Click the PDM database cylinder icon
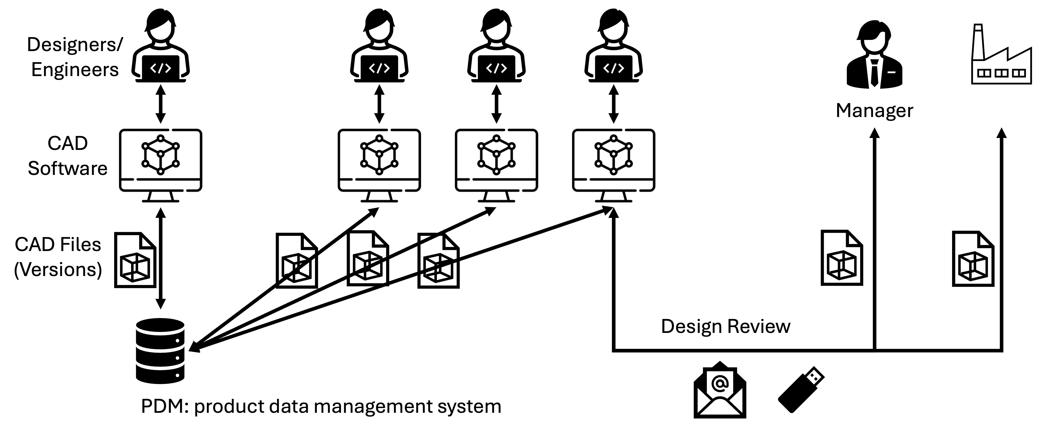pyautogui.click(x=160, y=351)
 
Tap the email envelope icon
pyautogui.click(x=719, y=390)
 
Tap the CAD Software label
pyautogui.click(x=68, y=156)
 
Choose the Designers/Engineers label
pyautogui.click(x=74, y=57)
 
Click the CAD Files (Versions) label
pyautogui.click(x=58, y=257)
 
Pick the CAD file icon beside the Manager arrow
pyautogui.click(x=841, y=258)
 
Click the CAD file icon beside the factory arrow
pyautogui.click(x=973, y=259)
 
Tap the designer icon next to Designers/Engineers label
pyautogui.click(x=161, y=47)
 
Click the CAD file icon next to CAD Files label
pyautogui.click(x=135, y=260)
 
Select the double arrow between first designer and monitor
pyautogui.click(x=161, y=104)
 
